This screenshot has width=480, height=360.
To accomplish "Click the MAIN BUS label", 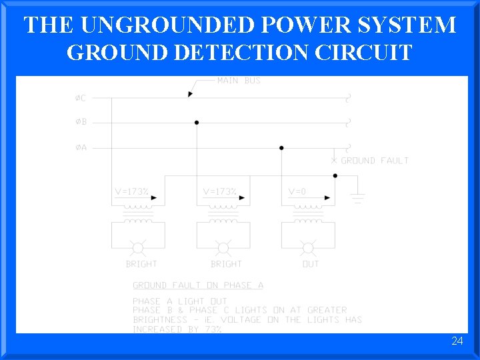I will click(x=239, y=81).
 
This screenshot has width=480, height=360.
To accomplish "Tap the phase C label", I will click(x=80, y=98).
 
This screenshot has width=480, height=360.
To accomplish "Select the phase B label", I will click(x=80, y=123).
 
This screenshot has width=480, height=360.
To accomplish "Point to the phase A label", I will click(x=80, y=147).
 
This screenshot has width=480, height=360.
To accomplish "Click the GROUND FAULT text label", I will click(x=375, y=161).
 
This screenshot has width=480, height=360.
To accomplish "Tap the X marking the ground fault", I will click(x=334, y=161).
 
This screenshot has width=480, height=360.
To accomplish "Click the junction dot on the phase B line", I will click(x=197, y=123).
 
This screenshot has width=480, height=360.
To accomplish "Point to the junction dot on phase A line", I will click(x=281, y=147).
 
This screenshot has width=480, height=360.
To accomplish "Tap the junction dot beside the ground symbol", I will click(x=335, y=176).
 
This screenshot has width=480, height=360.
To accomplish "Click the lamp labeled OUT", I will click(x=308, y=249).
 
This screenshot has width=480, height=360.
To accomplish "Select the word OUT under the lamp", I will click(x=311, y=264).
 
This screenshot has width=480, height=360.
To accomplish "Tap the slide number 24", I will click(x=457, y=341).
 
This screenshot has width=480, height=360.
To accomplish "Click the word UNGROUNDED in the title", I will click(x=169, y=25).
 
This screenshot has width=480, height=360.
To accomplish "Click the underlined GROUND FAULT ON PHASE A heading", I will click(x=198, y=285).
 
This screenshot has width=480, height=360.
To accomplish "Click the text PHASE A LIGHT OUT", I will click(x=180, y=301).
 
